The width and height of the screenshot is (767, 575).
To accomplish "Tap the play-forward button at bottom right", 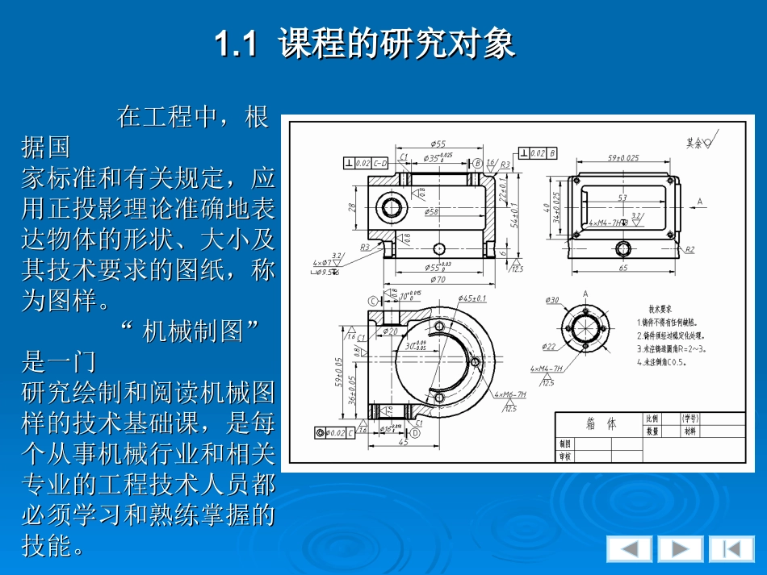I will coord(680,549).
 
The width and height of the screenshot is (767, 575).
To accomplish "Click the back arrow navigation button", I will coord(629,549).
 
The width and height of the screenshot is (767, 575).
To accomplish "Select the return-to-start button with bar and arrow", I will coord(731,549).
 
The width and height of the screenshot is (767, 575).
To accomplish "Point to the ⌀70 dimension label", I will coord(438,280).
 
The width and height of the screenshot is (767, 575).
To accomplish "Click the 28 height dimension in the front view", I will coord(352,207).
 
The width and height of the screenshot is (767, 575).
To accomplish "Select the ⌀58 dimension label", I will coord(432,212).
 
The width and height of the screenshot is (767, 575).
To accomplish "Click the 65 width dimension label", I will coord(622,268).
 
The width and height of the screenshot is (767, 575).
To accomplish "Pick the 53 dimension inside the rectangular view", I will coord(622,198).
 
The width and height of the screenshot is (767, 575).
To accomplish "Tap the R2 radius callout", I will coord(690,250).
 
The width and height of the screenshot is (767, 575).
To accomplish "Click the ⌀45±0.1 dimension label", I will coord(472,298).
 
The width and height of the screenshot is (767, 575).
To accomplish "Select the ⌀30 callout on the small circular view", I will coord(552,301).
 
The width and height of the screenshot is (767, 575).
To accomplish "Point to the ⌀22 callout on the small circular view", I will coord(548,347).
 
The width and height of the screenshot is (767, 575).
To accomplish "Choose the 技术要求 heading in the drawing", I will coord(660,309).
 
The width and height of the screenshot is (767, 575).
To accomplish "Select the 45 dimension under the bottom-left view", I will coord(403,442).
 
